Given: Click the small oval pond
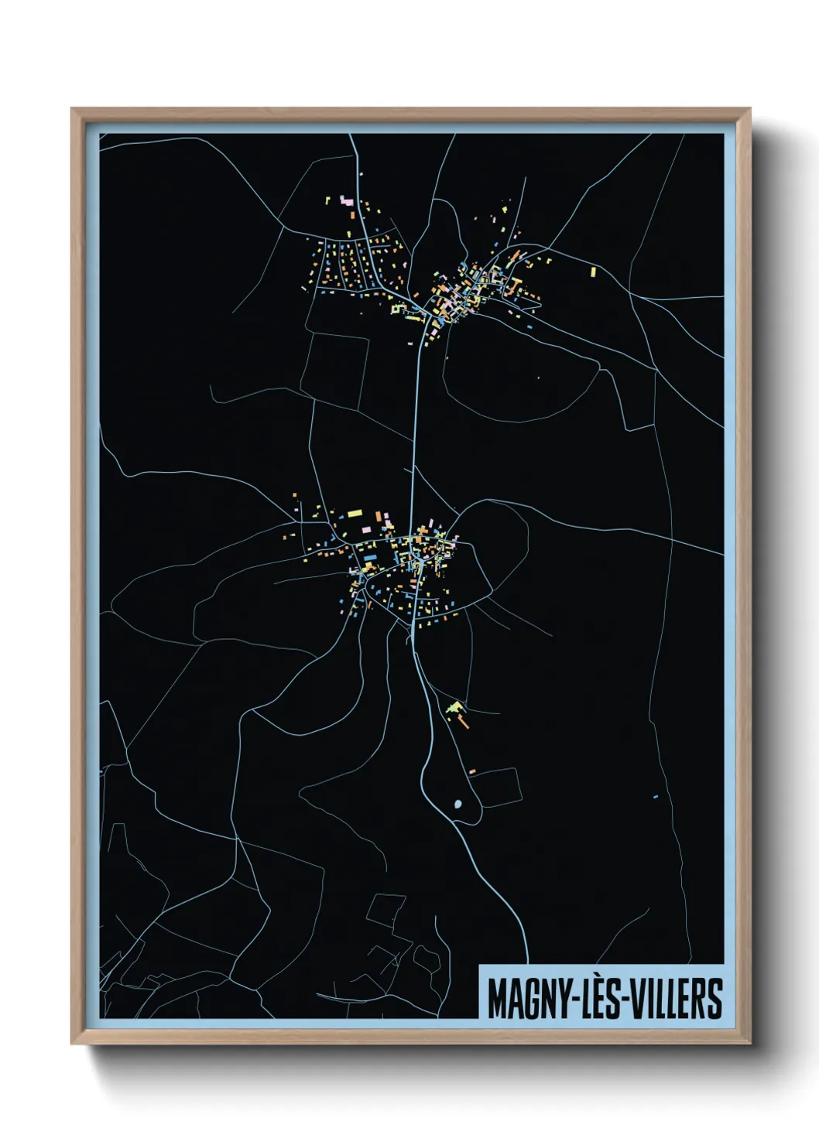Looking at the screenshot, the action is coord(457,805).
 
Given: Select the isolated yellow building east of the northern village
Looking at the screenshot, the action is coord(594,272).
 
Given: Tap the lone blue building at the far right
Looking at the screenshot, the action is coord(656,796).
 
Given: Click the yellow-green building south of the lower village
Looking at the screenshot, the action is coord(455,707).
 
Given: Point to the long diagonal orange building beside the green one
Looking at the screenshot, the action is coord(463,721).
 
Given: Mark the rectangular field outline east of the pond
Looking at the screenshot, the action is coord(495,787).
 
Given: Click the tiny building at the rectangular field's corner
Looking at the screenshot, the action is coord(471,771).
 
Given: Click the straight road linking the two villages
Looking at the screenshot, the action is coord(416,433).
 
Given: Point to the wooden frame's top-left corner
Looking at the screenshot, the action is coord(73,110).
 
